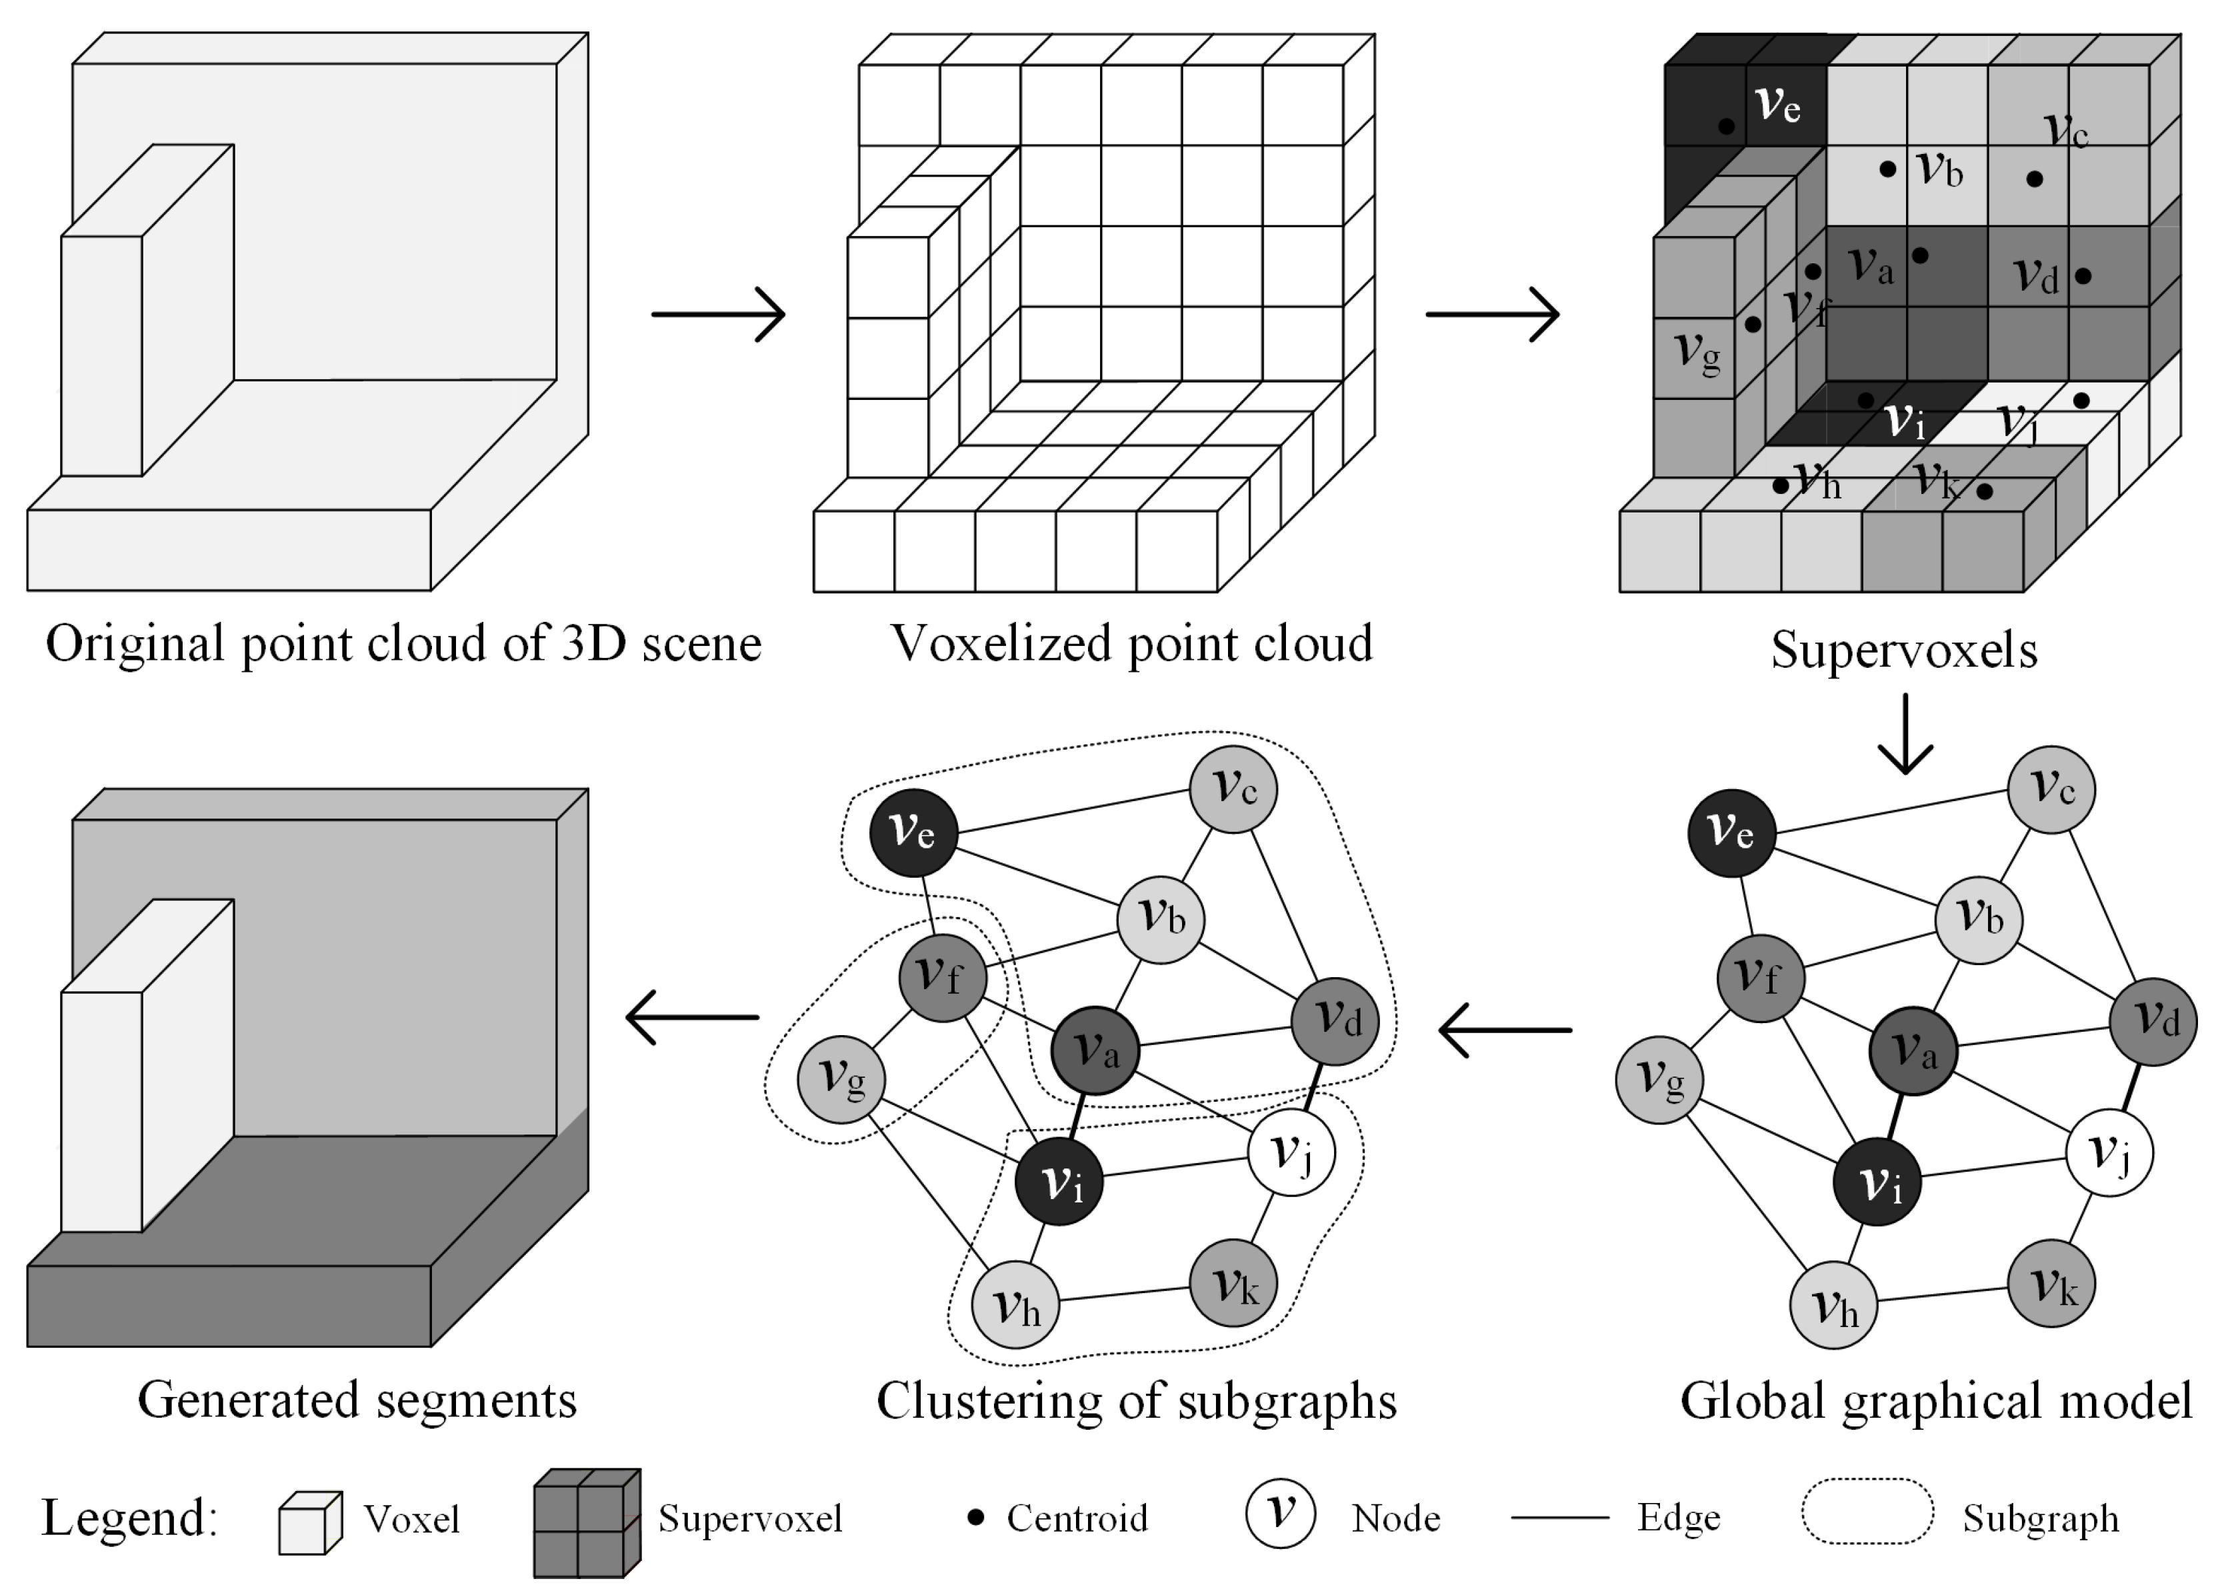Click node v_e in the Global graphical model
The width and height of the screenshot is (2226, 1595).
click(1731, 832)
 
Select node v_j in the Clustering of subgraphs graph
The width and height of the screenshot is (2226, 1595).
click(1291, 1152)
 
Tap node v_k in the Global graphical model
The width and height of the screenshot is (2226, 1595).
click(2051, 1283)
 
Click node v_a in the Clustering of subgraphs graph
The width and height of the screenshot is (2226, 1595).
click(1095, 1050)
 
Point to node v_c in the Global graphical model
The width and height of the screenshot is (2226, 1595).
click(2051, 789)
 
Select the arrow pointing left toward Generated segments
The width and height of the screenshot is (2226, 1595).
click(693, 1017)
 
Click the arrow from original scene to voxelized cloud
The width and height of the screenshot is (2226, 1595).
click(719, 314)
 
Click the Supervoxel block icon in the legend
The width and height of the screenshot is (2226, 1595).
click(586, 1523)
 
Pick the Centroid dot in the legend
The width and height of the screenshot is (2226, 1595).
click(975, 1518)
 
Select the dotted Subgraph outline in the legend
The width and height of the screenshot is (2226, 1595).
click(1867, 1512)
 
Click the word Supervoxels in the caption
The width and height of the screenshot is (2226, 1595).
click(1904, 650)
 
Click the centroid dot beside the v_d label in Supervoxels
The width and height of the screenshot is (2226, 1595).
click(2083, 277)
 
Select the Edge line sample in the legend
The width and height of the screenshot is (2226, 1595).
click(1559, 1518)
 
